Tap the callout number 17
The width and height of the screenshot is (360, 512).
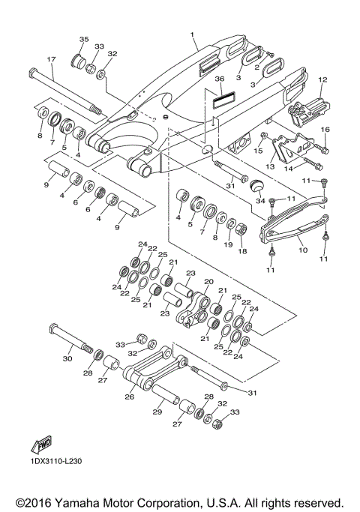pos(52,59)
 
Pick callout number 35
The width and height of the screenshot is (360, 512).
pos(84,39)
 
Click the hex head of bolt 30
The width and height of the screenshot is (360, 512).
pos(54,330)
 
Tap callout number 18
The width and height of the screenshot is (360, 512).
pos(242,253)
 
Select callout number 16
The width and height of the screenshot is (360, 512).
pos(325,130)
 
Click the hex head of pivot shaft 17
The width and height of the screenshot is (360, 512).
pos(31,73)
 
